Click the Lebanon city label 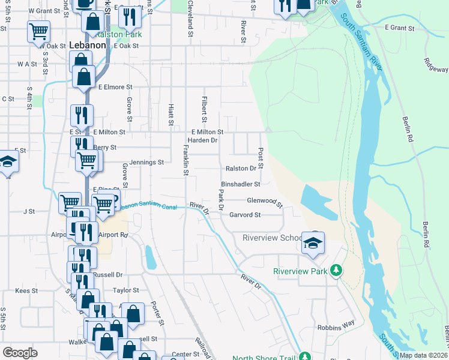[88, 46]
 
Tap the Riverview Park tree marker [336, 271]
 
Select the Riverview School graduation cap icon [313, 243]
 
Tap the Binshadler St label [240, 184]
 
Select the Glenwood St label [265, 202]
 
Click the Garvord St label [245, 215]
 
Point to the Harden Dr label [202, 140]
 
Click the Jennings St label [145, 162]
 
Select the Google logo [20, 353]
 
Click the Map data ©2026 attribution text [423, 355]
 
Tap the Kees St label [26, 290]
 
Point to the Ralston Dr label [241, 169]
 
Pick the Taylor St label [126, 290]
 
